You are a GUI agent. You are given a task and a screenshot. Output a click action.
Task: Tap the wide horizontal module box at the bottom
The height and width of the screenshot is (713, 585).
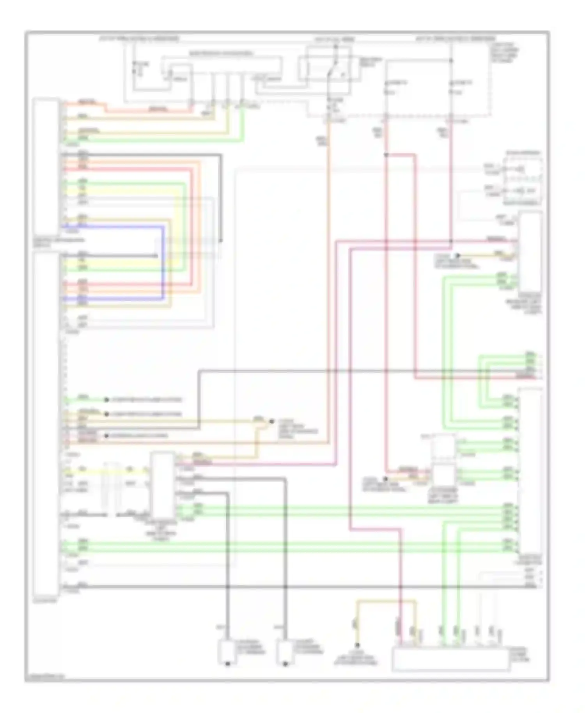click(x=450, y=660)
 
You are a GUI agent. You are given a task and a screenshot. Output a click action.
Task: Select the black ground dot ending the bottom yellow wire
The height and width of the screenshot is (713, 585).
click(x=356, y=645)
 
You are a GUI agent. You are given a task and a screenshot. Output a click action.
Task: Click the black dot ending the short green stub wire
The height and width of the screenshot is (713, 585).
click(x=106, y=400)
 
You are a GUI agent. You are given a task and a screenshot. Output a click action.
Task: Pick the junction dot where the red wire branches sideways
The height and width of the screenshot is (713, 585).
click(x=386, y=155)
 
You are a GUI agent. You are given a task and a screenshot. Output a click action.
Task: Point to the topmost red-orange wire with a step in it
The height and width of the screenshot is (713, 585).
click(x=129, y=108)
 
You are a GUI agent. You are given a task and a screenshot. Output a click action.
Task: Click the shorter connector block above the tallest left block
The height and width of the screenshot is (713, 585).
click(x=46, y=166)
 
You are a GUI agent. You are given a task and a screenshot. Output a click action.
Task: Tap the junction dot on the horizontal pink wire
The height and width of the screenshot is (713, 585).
click(x=450, y=241)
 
